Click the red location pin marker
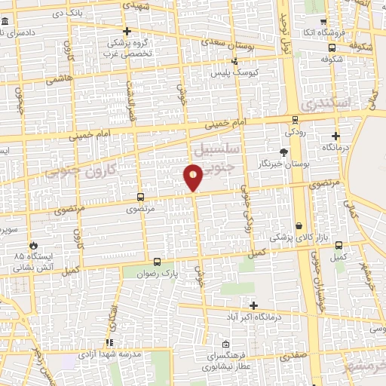[194, 176]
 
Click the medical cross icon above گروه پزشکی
[127, 32]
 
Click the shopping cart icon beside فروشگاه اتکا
[323, 21]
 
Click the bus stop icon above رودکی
[294, 118]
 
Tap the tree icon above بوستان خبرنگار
[283, 152]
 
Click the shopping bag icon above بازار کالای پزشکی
[299, 225]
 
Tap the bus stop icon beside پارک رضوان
[157, 262]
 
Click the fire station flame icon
[33, 245]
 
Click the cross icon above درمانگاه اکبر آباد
[253, 305]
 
